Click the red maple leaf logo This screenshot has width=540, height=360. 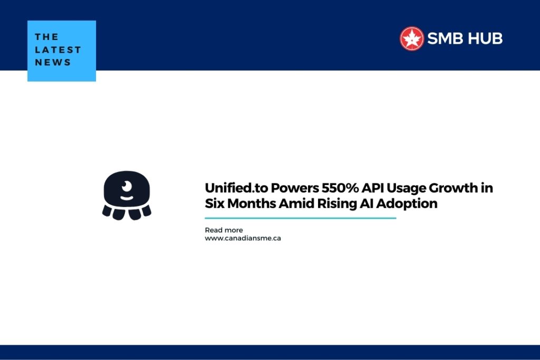411,38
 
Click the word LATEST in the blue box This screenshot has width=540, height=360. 58,50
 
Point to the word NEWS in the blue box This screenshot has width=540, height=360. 53,62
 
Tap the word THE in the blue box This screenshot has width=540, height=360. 46,37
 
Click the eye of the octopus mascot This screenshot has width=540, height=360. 127,186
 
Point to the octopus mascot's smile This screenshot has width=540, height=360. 127,198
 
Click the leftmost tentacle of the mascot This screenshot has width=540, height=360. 107,211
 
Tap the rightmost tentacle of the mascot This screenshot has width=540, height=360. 147,211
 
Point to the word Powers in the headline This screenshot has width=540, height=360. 295,188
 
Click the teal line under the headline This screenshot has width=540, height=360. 300,218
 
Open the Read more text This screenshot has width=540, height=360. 224,230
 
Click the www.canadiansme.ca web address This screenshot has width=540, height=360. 243,238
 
